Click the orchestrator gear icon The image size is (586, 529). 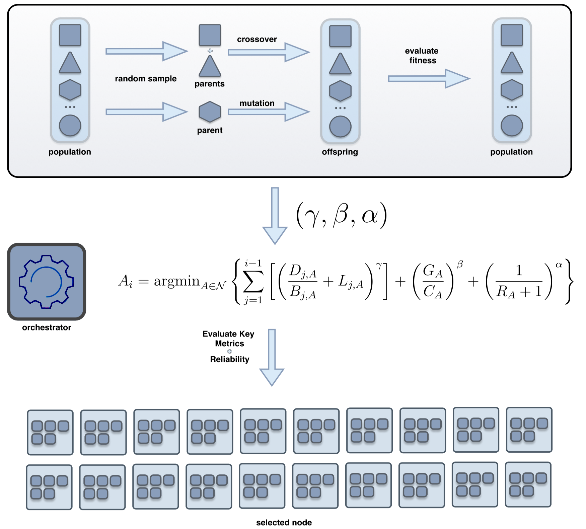[x=47, y=281]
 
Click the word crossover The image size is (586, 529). [x=257, y=40]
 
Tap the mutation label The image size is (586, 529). [x=257, y=103]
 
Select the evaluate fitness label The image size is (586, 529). [x=422, y=56]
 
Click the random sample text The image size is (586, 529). [x=146, y=79]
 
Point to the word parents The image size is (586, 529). [x=210, y=84]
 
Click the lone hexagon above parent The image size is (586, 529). [x=210, y=111]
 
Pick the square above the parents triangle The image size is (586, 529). [x=210, y=35]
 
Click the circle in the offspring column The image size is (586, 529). [x=340, y=127]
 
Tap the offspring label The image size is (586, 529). [x=340, y=152]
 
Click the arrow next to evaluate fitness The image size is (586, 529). [x=428, y=79]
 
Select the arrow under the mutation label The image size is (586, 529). [x=268, y=112]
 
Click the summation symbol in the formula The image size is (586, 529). [x=253, y=282]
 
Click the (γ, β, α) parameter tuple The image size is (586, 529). [x=342, y=215]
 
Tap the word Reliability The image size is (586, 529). [x=230, y=359]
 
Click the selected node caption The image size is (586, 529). [x=284, y=522]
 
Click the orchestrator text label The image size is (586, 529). [x=47, y=327]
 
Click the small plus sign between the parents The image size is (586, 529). [x=210, y=51]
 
